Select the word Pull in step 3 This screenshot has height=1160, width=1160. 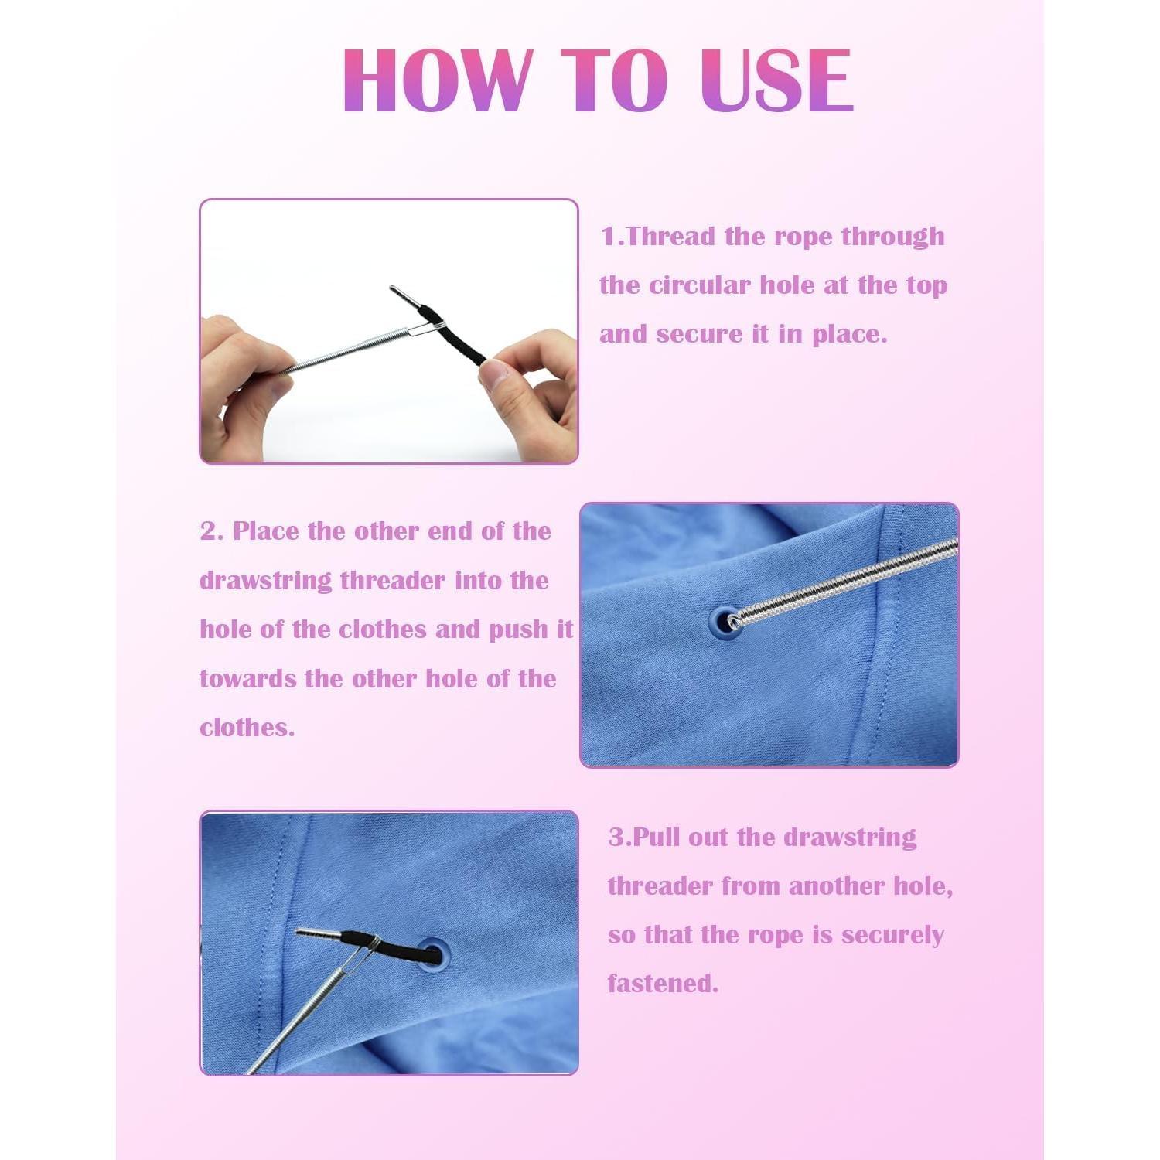tap(657, 838)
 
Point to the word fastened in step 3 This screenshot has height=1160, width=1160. tap(663, 984)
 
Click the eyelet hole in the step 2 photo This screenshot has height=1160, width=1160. tap(724, 620)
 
